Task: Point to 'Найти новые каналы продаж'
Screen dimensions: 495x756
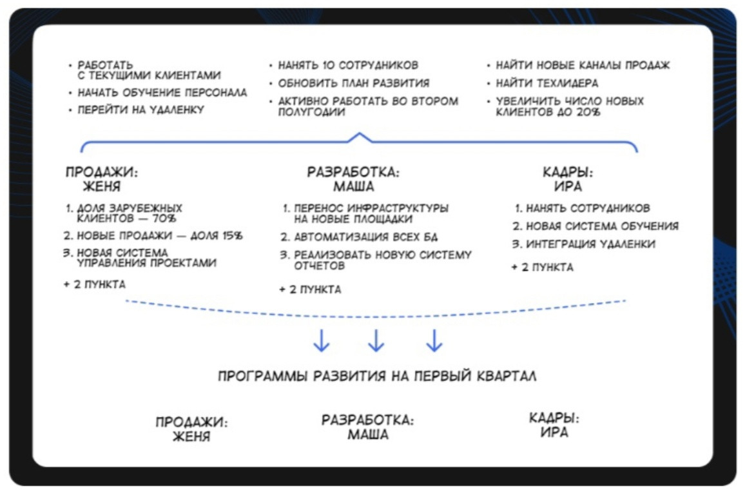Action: [x=583, y=65]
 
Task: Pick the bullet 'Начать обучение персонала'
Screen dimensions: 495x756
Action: [x=162, y=92]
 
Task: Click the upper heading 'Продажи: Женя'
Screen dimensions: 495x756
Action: [x=102, y=180]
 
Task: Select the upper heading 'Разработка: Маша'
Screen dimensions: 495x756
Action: [x=353, y=180]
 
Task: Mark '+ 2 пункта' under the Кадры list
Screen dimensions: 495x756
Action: [x=542, y=267]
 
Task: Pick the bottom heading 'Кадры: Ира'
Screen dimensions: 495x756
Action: [x=554, y=425]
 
